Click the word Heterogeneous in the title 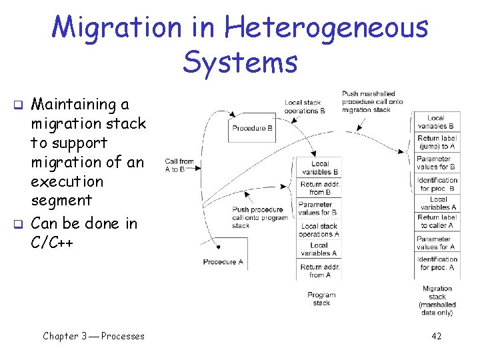[327, 28]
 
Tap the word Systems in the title [240, 63]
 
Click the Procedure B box [253, 128]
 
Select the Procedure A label [223, 262]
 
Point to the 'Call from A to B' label [179, 165]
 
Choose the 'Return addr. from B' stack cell [320, 188]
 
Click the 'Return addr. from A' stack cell [320, 271]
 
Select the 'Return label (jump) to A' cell [437, 143]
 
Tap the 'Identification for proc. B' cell [437, 183]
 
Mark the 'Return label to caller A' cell [437, 221]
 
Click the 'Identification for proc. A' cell [437, 263]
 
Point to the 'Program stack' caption [321, 299]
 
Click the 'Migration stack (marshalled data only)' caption [437, 301]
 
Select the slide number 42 [436, 336]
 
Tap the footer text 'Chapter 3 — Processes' [93, 336]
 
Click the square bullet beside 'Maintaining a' [19, 105]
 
